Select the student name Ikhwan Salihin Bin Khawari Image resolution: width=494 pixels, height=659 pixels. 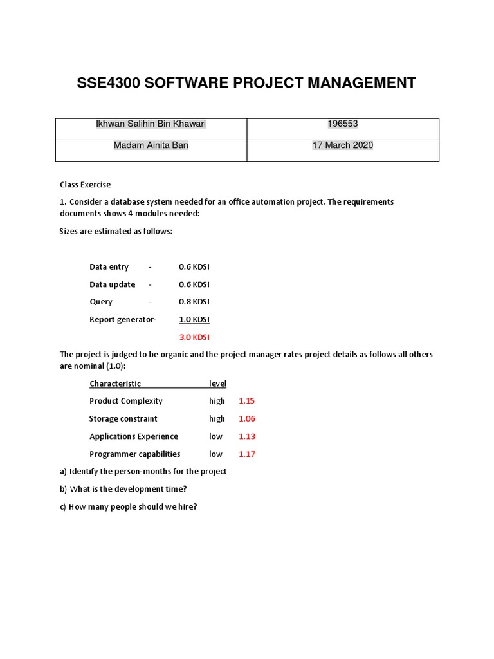pos(151,124)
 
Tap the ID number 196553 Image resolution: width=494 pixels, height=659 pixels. pos(342,124)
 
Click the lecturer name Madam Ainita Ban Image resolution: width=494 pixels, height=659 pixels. pos(151,145)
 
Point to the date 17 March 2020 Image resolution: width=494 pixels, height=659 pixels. pos(342,145)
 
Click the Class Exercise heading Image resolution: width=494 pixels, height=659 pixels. pos(86,185)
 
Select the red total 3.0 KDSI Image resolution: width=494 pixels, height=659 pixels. pos(194,337)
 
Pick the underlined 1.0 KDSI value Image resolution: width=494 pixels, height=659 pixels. pos(194,319)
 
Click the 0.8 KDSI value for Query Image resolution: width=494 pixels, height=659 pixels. pos(194,302)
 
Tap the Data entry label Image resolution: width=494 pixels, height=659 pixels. pos(109,267)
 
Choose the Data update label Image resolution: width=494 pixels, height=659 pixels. pos(112,284)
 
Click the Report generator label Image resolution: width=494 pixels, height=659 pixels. pos(122,319)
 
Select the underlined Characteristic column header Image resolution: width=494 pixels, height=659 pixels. pos(115,384)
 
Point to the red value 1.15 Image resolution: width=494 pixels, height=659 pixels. pos(247,401)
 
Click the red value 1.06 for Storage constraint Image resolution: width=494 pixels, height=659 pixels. pos(247,419)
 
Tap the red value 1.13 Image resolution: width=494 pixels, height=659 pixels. pos(247,436)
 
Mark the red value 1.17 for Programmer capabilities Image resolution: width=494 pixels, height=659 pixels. pos(247,454)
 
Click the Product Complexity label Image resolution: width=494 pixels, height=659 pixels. pos(126,401)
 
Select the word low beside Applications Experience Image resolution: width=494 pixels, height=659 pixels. pos(215,436)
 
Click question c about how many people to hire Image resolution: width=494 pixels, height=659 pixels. pos(129,506)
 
